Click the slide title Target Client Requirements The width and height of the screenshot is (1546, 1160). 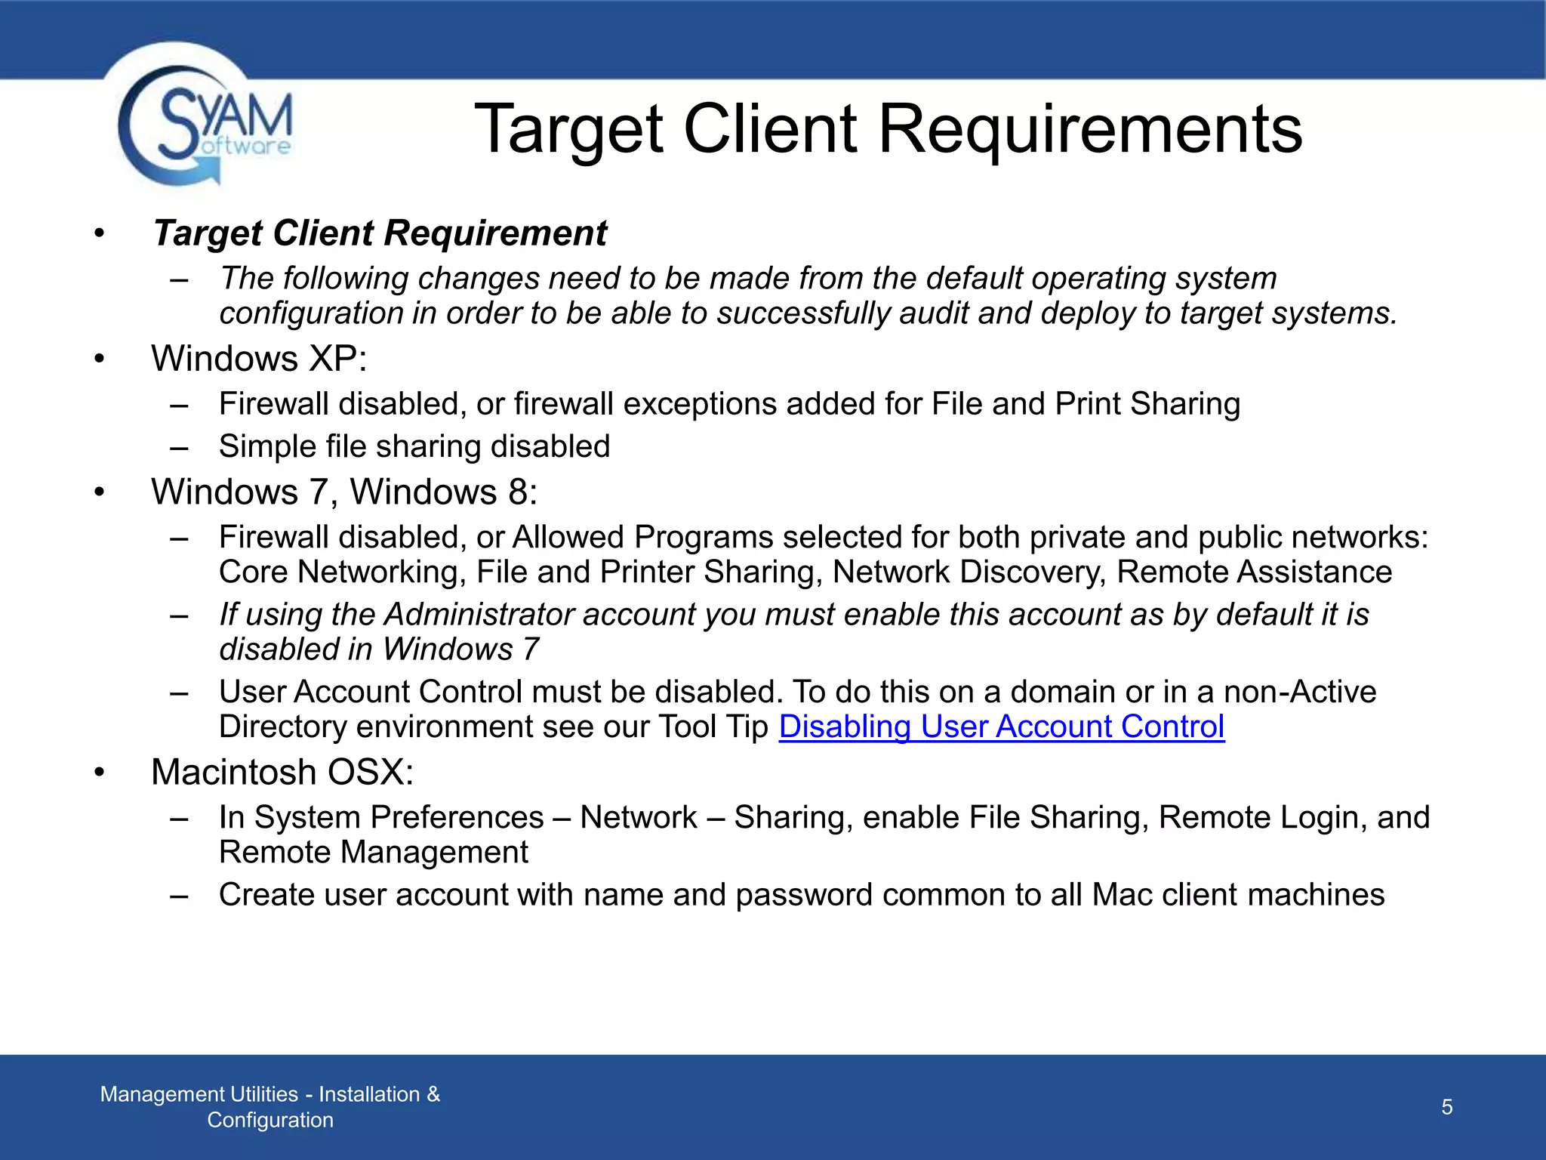888,129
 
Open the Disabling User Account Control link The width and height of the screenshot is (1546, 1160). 1001,727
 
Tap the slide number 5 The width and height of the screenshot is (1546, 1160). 1446,1107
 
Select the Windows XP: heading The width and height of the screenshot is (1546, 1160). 259,358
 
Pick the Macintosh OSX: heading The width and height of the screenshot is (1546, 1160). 282,772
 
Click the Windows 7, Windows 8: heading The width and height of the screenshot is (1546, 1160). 344,492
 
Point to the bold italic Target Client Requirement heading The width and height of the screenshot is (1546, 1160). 380,233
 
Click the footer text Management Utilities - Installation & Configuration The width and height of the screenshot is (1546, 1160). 270,1106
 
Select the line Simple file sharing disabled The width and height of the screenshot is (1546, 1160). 414,446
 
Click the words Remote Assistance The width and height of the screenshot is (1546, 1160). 1254,572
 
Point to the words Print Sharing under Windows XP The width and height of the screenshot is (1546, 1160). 1147,404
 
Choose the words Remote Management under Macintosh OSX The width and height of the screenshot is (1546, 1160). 374,852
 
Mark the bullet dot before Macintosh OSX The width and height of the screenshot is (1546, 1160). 100,772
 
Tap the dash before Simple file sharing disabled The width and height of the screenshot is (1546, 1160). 179,447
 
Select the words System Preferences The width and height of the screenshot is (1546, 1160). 399,817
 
